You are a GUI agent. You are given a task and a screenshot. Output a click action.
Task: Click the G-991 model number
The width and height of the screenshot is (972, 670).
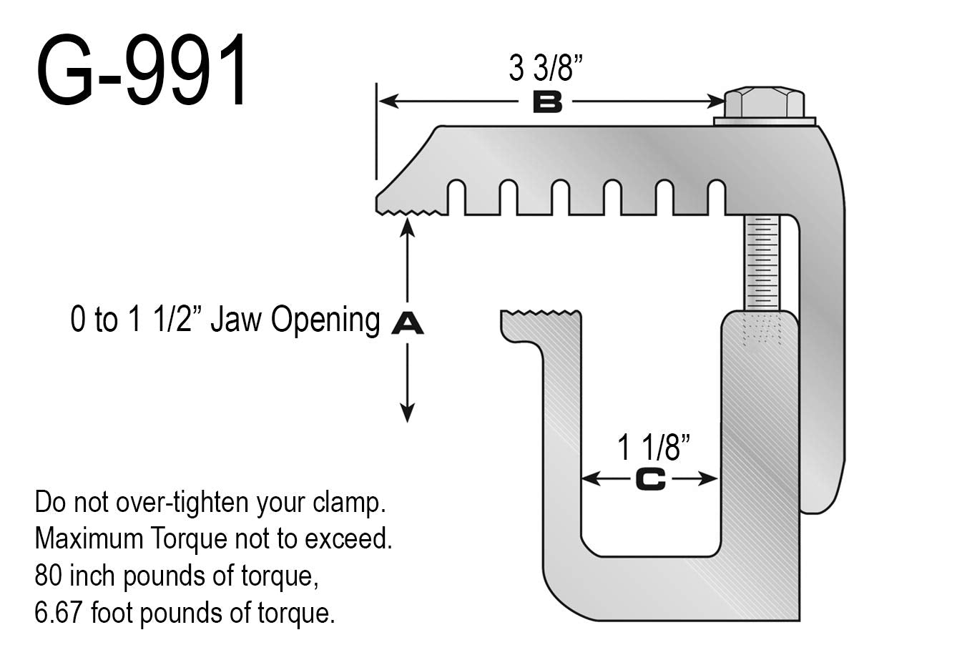click(x=142, y=71)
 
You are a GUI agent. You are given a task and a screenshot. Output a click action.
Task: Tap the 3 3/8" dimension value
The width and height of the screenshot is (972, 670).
click(x=546, y=69)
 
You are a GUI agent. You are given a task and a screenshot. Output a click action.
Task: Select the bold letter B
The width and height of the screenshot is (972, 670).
click(x=547, y=104)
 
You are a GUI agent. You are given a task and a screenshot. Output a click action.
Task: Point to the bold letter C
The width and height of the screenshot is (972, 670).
click(x=650, y=480)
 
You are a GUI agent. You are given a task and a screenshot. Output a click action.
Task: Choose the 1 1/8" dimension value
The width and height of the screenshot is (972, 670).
click(x=654, y=448)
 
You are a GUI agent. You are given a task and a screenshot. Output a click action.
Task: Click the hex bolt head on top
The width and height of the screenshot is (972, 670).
click(x=764, y=104)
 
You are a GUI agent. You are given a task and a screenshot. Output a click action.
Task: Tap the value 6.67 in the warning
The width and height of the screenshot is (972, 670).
click(x=58, y=613)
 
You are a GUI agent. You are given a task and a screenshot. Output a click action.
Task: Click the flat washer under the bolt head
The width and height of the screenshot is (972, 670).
click(x=765, y=122)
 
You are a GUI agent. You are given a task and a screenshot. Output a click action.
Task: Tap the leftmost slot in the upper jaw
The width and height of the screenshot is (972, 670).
click(x=457, y=197)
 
